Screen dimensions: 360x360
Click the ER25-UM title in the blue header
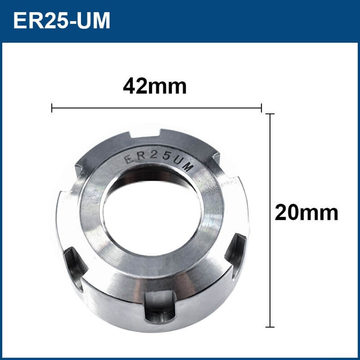click(61, 20)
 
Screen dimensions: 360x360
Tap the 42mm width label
click(155, 87)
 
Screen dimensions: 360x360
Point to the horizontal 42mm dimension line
click(156, 108)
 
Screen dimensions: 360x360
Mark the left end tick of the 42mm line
click(52, 108)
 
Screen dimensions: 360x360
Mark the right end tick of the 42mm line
click(261, 108)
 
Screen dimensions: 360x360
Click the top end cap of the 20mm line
click(270, 114)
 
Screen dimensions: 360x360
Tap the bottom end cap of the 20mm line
click(270, 327)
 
